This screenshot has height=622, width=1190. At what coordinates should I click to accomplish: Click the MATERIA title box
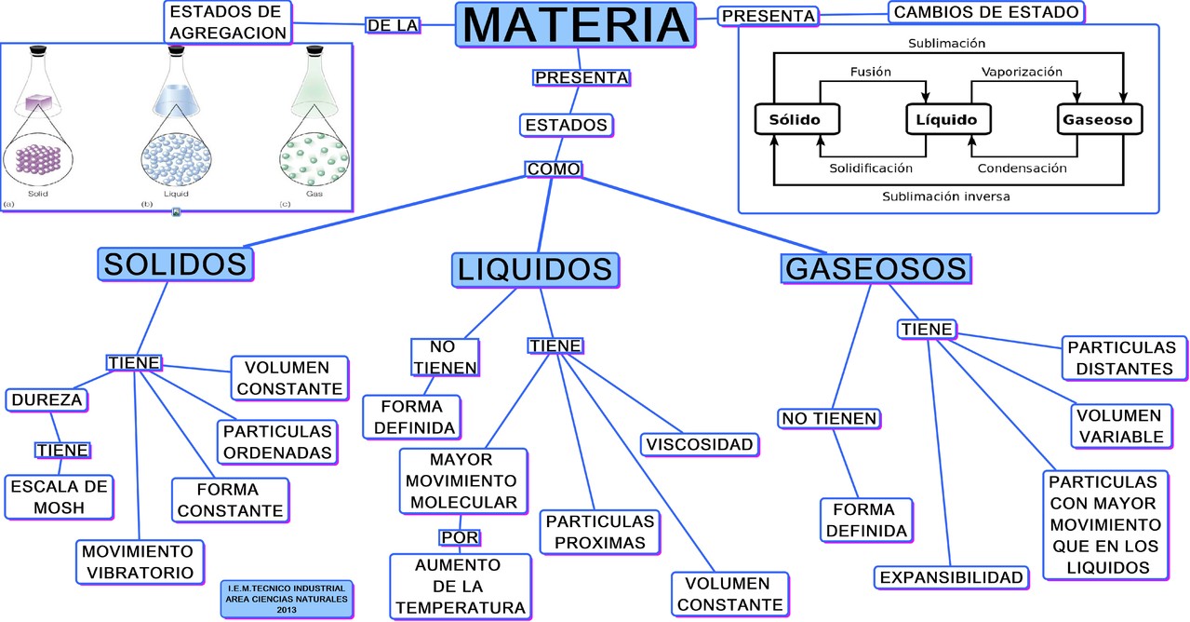click(576, 25)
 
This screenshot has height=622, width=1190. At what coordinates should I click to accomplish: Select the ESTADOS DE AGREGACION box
click(227, 21)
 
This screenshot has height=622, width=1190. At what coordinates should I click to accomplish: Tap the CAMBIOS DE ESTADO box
click(987, 12)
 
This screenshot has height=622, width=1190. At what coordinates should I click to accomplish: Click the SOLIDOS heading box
click(176, 264)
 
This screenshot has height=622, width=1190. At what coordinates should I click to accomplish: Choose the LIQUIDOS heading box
click(535, 269)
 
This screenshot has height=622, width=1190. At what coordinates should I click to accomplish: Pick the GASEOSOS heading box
click(876, 269)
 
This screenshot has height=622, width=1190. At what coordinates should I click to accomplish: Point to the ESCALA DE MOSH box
click(59, 497)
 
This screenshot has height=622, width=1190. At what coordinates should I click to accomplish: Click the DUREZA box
click(47, 400)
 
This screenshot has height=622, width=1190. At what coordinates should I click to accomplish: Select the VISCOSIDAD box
click(698, 444)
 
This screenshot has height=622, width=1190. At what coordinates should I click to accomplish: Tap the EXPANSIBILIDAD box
click(951, 577)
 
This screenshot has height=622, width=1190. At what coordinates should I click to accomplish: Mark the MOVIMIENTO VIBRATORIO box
click(138, 561)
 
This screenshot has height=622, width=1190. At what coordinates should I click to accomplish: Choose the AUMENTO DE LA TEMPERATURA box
click(461, 587)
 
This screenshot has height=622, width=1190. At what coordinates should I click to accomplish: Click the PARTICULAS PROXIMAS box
click(600, 532)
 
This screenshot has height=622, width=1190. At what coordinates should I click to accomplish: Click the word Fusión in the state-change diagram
click(871, 72)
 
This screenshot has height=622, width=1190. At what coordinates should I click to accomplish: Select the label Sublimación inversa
click(945, 196)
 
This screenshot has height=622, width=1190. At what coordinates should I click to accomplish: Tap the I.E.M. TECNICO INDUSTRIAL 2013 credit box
click(286, 599)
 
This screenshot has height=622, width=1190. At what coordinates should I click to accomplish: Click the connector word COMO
click(553, 169)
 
